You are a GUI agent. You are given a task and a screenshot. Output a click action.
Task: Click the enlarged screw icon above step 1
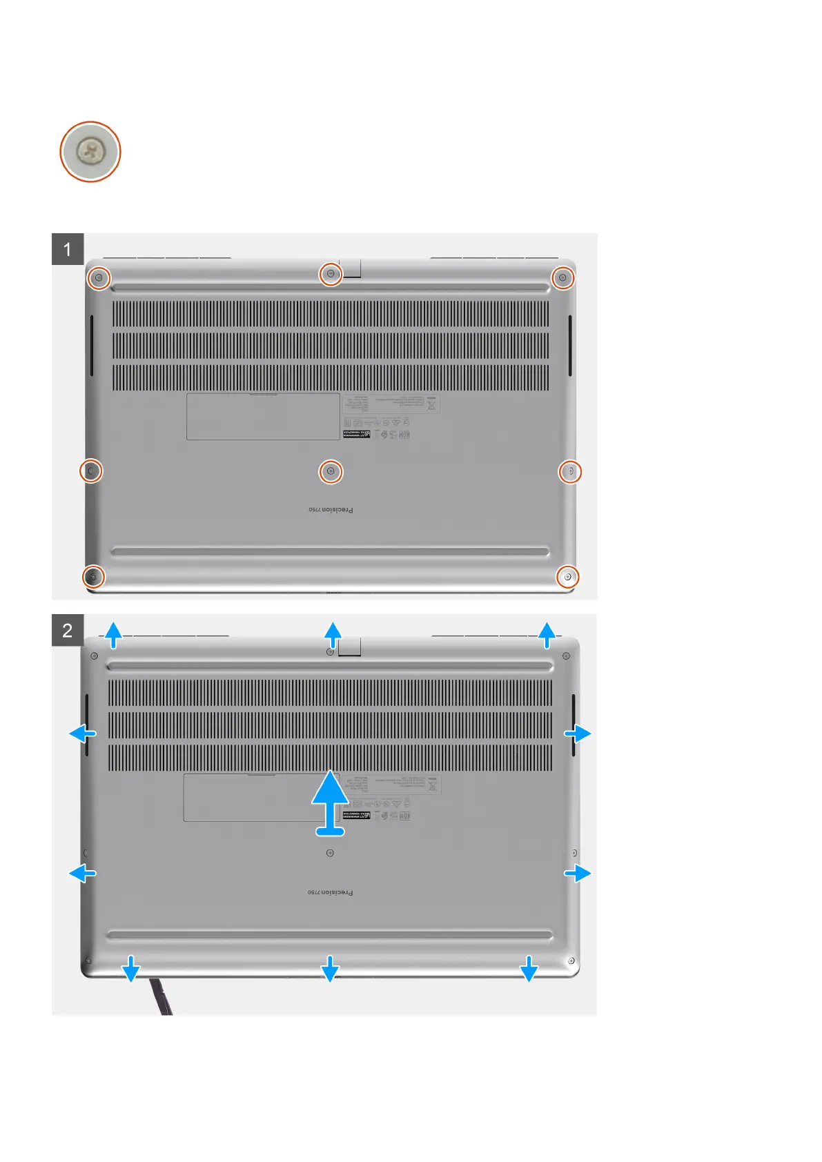click(x=90, y=151)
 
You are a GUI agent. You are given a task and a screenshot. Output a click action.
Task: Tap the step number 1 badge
click(x=68, y=249)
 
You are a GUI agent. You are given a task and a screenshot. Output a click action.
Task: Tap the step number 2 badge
click(x=68, y=630)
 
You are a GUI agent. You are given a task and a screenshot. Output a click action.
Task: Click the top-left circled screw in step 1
click(x=99, y=277)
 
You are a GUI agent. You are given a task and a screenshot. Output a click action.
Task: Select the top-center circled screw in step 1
click(x=331, y=275)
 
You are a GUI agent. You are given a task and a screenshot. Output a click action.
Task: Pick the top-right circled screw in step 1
click(x=563, y=277)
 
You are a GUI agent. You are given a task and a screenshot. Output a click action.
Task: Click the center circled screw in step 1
click(x=331, y=471)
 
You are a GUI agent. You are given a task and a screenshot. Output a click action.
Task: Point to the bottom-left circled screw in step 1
click(x=93, y=576)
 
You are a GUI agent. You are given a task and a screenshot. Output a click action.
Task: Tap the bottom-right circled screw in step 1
click(x=568, y=576)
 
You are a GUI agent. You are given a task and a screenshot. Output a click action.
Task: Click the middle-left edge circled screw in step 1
click(x=91, y=471)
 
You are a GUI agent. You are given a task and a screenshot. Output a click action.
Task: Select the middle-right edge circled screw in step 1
click(x=570, y=471)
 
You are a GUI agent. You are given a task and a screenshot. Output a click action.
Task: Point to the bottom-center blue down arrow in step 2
click(x=330, y=968)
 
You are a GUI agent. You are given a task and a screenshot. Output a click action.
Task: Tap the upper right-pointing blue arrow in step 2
click(x=578, y=733)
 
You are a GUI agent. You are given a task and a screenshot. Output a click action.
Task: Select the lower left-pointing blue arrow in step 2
click(x=83, y=874)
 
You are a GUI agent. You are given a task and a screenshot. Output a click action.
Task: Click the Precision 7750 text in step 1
click(x=331, y=510)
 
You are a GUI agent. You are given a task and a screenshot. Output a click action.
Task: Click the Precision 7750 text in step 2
click(x=330, y=892)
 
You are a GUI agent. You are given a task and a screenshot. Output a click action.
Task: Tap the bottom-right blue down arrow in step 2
click(x=529, y=968)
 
